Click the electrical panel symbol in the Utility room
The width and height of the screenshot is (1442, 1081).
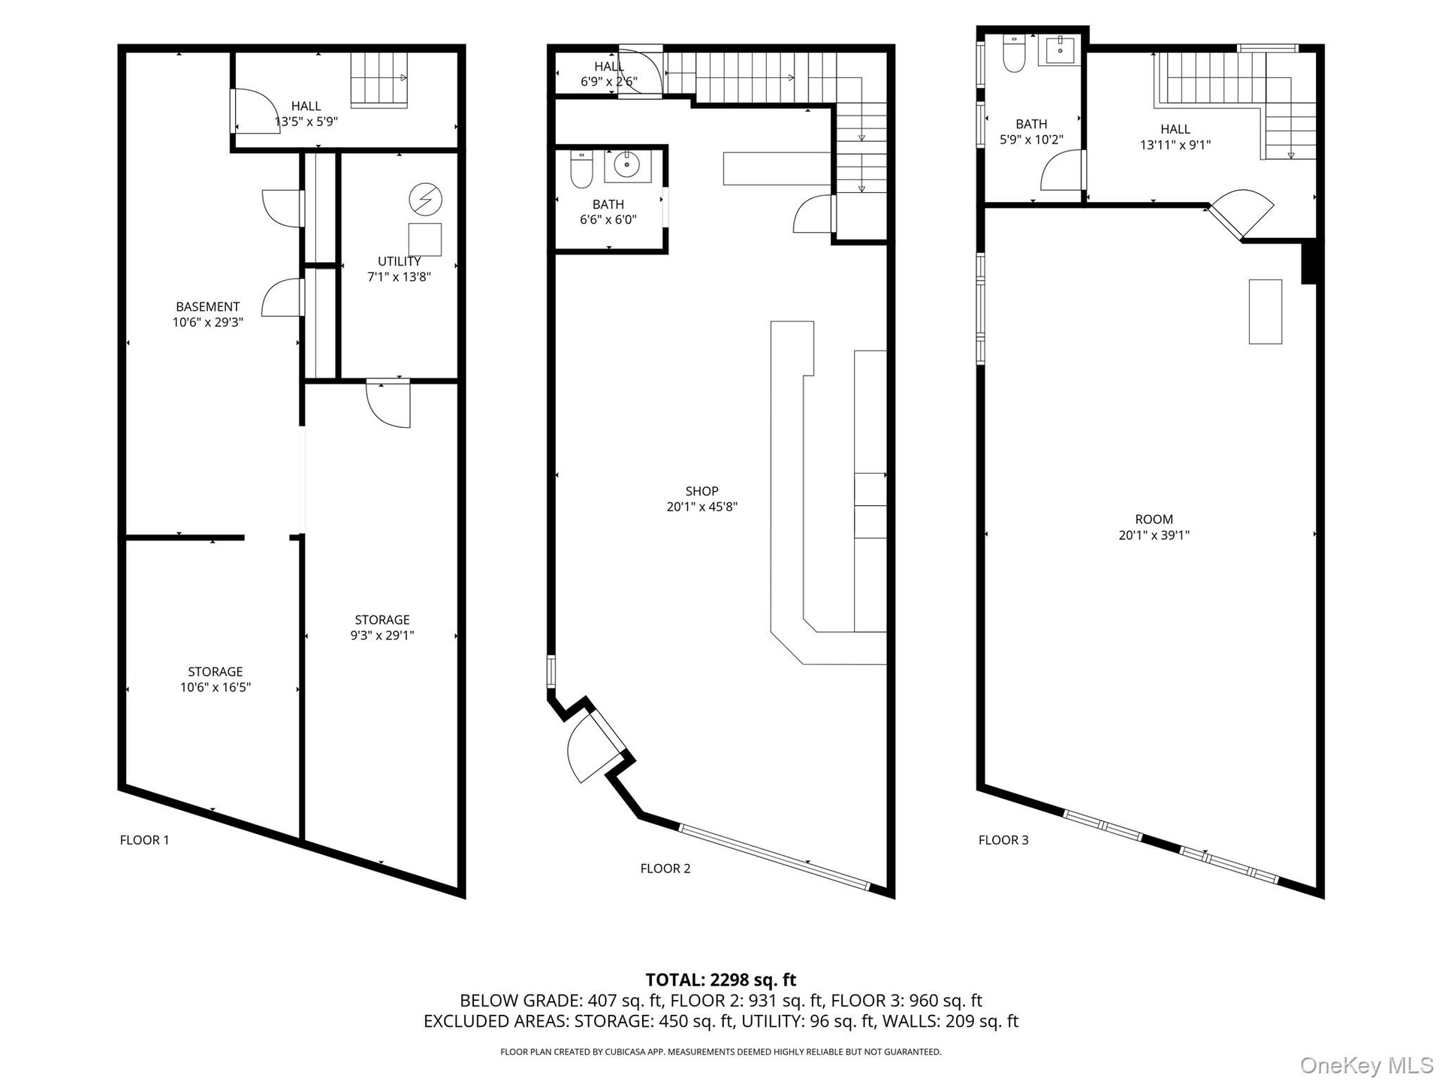tap(426, 200)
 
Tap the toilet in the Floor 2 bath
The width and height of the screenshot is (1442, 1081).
tap(582, 169)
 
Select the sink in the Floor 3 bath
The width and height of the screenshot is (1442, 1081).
tap(1059, 50)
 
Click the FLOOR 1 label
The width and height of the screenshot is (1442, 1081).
tap(145, 840)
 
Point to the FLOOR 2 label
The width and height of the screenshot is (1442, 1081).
tap(665, 869)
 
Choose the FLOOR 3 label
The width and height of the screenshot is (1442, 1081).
tap(1003, 840)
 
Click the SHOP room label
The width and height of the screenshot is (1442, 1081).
tap(702, 491)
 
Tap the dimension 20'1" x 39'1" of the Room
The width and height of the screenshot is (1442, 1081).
tap(1154, 535)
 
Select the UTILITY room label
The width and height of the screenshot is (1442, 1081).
tap(400, 261)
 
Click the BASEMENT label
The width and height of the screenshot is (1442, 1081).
tap(208, 306)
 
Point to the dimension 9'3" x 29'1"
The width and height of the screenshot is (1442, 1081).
tap(382, 635)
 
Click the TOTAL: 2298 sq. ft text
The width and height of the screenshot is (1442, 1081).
tap(721, 980)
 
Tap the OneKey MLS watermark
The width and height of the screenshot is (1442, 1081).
tap(1367, 1064)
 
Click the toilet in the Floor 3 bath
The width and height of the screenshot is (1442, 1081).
tap(1014, 53)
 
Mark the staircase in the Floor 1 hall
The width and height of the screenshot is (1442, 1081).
tap(379, 80)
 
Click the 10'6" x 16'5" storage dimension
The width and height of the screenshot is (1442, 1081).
tap(216, 687)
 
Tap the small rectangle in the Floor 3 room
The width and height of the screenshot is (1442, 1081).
tap(1266, 312)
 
